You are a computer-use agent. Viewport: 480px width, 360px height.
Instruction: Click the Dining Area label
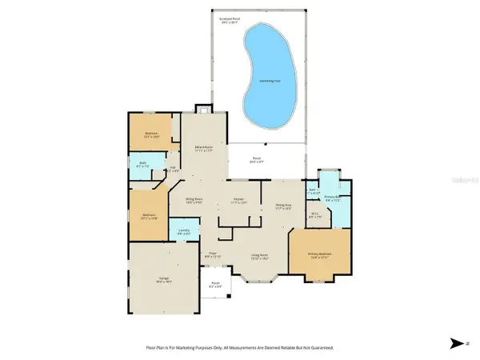[284, 207]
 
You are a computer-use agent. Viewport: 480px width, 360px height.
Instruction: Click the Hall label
[173, 168]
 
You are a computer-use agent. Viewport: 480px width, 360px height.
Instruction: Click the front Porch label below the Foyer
[215, 284]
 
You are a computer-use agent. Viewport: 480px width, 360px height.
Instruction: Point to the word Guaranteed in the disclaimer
[318, 349]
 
